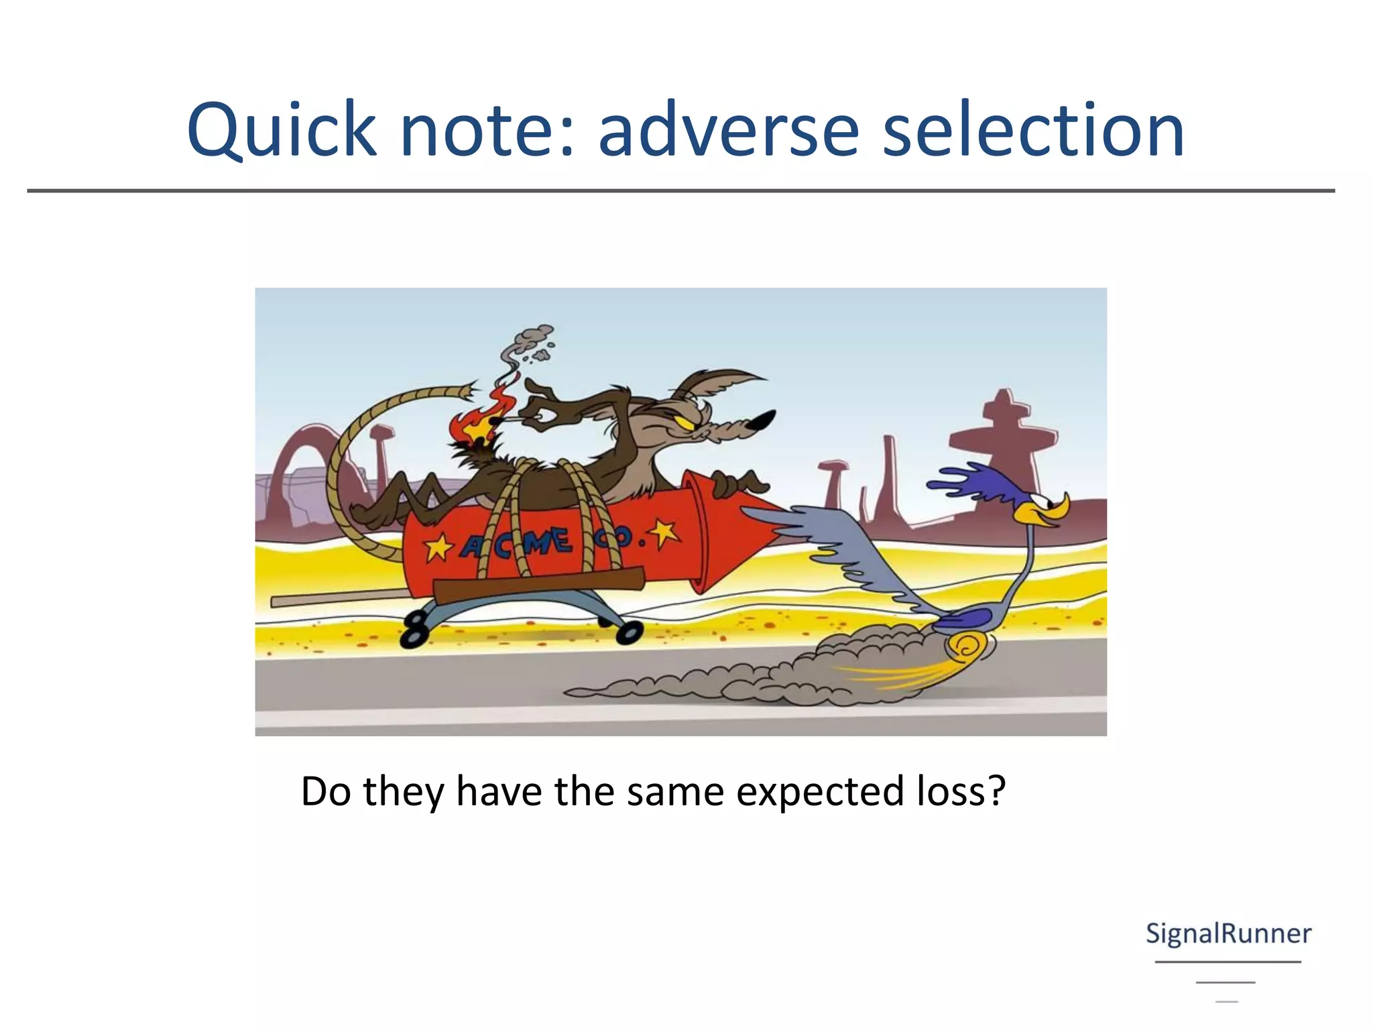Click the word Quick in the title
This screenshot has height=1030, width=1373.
282,131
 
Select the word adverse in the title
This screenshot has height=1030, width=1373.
728,131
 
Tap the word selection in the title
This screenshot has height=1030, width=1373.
1033,131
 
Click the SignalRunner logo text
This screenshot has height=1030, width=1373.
1228,934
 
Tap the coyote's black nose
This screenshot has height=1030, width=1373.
761,420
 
